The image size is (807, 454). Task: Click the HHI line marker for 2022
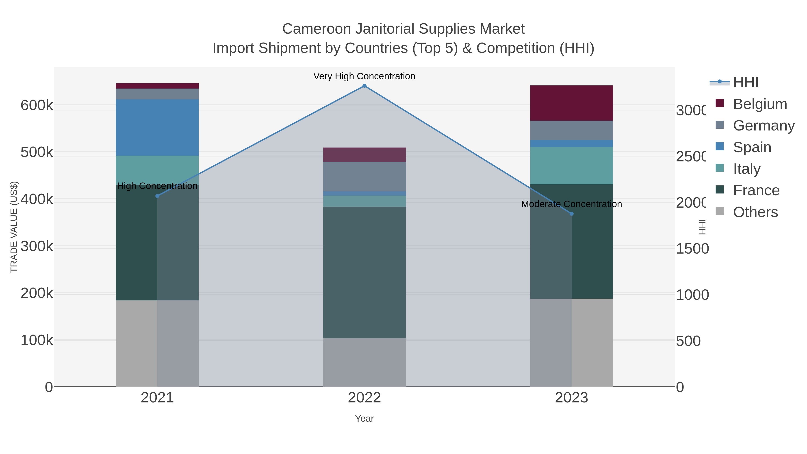point(364,86)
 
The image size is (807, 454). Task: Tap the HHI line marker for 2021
point(157,196)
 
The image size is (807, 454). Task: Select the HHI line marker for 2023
point(571,214)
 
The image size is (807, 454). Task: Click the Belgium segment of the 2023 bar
point(571,103)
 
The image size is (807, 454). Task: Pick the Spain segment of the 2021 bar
point(157,128)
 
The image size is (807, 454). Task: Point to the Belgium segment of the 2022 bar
point(364,155)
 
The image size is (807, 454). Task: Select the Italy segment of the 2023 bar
point(571,165)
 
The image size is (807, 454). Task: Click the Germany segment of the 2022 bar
point(364,176)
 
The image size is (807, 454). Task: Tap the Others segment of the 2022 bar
point(364,362)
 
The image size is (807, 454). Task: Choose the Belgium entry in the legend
point(760,104)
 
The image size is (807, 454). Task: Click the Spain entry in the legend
point(752,147)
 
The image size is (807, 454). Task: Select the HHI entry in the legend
point(746,83)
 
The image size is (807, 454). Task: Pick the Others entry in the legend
point(755,212)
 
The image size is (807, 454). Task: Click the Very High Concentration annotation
point(364,76)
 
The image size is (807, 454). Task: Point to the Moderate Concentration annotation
point(571,204)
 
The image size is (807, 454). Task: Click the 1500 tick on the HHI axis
point(692,249)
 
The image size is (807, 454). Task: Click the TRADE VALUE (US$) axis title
point(14,227)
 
